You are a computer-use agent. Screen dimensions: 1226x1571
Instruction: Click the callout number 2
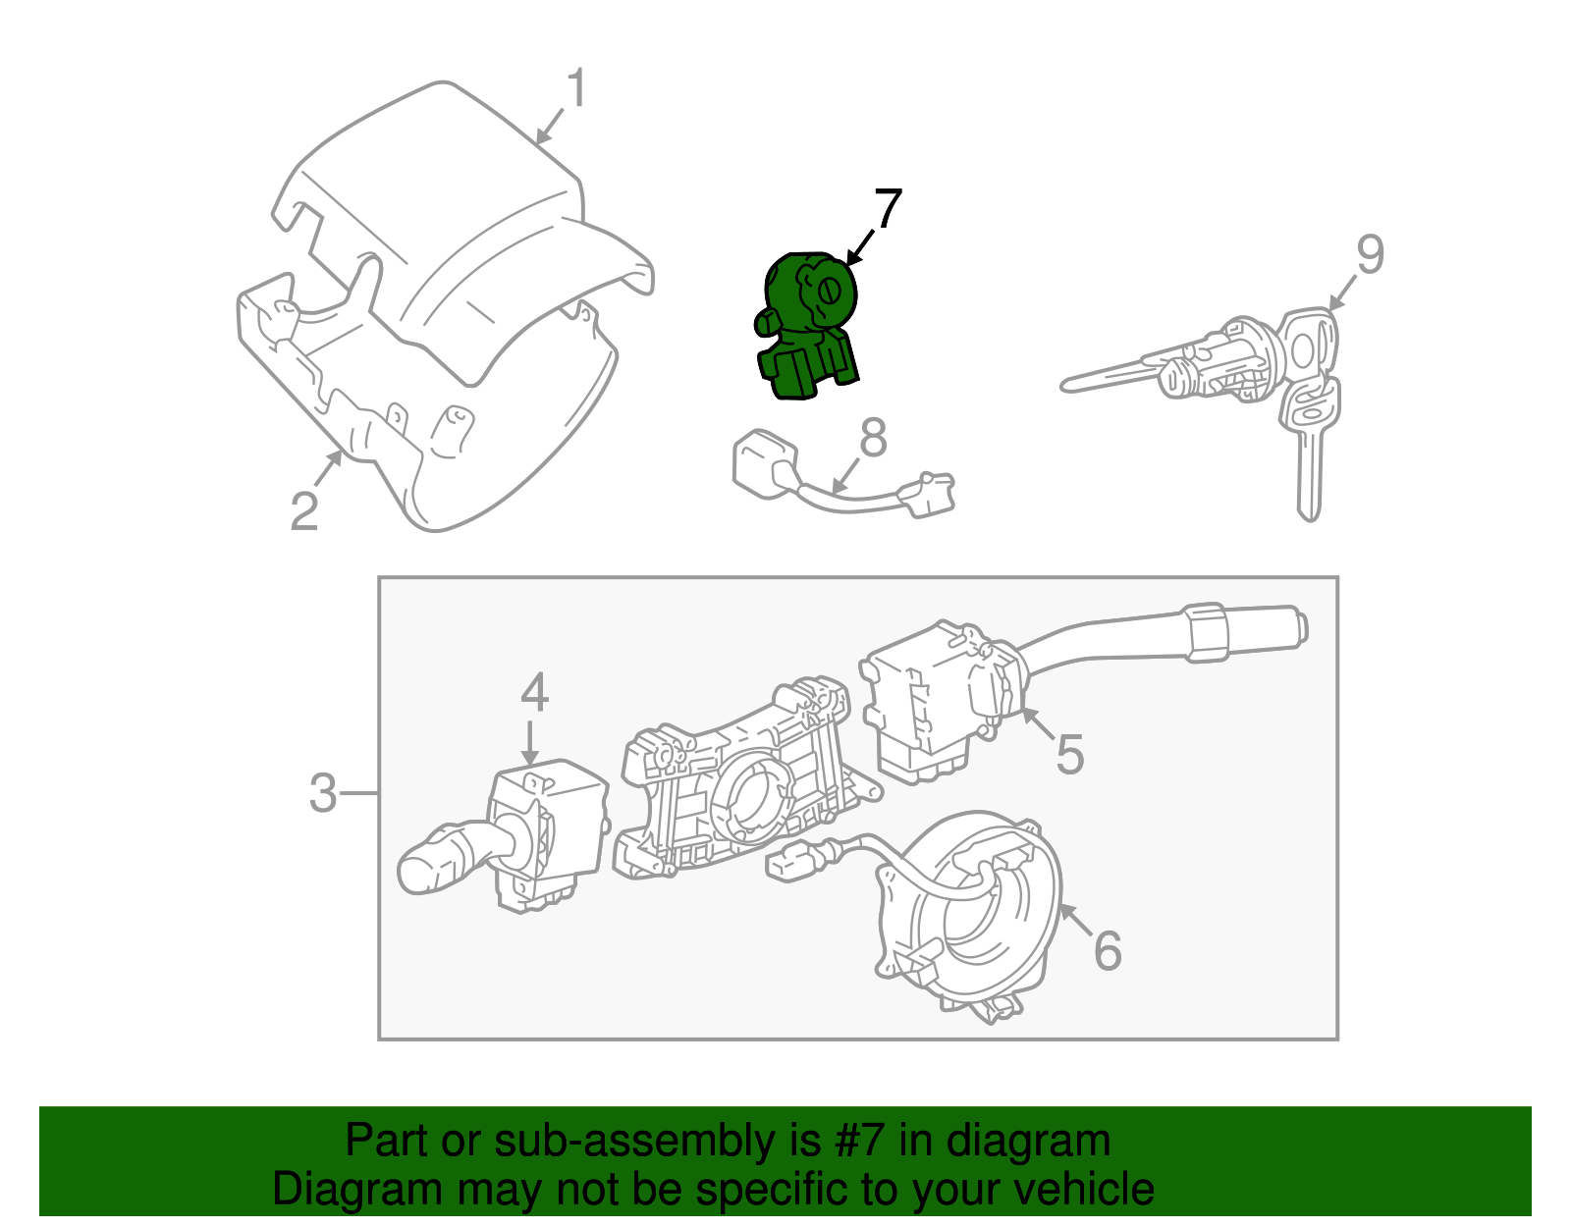coord(304,510)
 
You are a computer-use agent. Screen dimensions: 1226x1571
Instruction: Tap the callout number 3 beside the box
coord(323,792)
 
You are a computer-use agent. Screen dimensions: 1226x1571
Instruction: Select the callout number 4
coord(533,693)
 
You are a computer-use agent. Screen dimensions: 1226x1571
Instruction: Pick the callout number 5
coord(1069,754)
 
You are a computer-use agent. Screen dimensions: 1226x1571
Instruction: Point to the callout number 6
coord(1108,950)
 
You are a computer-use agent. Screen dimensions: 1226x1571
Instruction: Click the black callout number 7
coord(887,209)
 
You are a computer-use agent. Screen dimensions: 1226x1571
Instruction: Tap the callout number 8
coord(873,438)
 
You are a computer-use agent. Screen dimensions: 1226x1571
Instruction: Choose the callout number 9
coord(1370,254)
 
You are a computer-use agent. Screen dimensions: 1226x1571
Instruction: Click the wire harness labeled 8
coord(844,486)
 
